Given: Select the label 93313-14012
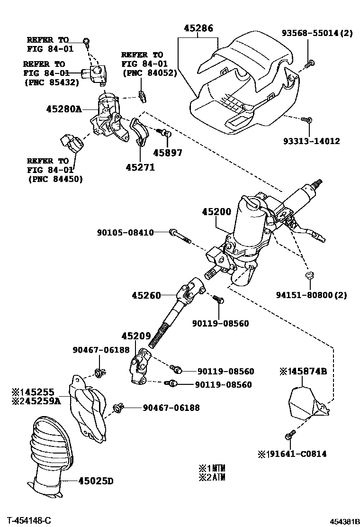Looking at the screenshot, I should point(311,141).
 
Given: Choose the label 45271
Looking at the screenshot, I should point(140,167).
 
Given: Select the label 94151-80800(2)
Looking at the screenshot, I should point(311,295).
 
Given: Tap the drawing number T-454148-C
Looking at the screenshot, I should point(29,520).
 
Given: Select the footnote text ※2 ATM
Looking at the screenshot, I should point(212,477).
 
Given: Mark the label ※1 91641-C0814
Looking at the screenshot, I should point(292,454).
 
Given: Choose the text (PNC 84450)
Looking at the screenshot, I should point(54,179).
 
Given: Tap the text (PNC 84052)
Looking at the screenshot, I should point(149,73).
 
